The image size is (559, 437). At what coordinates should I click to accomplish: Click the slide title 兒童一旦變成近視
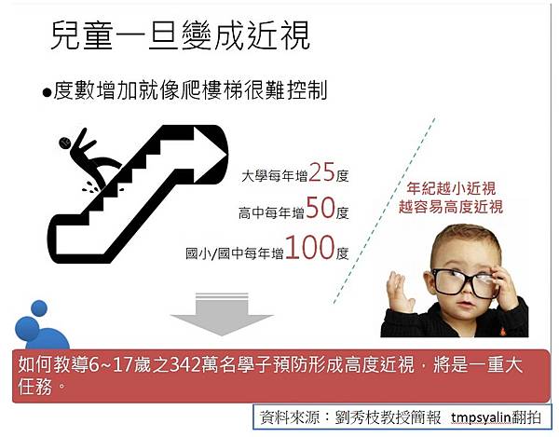(x=180, y=36)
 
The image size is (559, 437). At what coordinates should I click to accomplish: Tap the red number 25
(x=322, y=172)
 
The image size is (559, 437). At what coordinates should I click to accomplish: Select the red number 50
(x=320, y=208)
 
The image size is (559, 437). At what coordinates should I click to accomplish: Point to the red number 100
(x=309, y=247)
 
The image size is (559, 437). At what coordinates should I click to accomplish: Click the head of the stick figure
(x=64, y=143)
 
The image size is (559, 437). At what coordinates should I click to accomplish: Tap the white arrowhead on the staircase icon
(x=210, y=156)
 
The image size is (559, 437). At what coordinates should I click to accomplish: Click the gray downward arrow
(x=222, y=314)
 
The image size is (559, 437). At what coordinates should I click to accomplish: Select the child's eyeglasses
(x=463, y=280)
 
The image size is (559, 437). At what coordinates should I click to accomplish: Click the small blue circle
(x=39, y=308)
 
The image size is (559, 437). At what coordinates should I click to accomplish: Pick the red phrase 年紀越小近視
(x=451, y=188)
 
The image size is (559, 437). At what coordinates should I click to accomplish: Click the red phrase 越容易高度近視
(x=451, y=207)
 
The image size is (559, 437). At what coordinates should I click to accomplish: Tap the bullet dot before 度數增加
(x=47, y=92)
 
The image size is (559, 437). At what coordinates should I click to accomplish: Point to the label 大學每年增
(x=275, y=176)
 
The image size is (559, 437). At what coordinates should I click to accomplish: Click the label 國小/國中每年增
(x=235, y=253)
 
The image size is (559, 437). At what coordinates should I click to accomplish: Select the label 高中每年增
(x=272, y=213)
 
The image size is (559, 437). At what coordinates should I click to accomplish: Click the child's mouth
(x=464, y=305)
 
